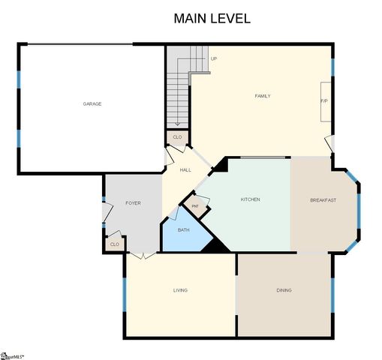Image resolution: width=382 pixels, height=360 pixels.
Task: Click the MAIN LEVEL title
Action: (212, 18)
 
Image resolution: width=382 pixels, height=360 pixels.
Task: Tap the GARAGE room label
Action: (92, 103)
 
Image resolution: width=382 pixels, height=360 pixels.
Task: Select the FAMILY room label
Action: (263, 96)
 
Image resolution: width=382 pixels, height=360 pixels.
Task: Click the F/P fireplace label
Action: (324, 100)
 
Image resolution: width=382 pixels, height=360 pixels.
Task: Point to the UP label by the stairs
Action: (214, 58)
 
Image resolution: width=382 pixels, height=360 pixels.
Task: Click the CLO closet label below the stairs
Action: (177, 137)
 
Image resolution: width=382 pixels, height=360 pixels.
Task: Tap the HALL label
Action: (185, 170)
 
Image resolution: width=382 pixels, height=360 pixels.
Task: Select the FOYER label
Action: (133, 203)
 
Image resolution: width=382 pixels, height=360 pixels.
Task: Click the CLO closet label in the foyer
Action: (114, 244)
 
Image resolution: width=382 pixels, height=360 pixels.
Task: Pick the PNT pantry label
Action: (196, 205)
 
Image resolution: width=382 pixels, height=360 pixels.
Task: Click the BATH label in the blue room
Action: (183, 229)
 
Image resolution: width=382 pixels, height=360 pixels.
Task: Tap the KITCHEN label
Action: (250, 199)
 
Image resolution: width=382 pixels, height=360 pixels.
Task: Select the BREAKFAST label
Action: (323, 200)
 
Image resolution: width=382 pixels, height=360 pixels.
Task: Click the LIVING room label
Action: (180, 290)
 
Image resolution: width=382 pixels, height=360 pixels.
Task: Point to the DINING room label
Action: (284, 290)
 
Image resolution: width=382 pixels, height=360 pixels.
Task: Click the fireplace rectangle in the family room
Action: (326, 101)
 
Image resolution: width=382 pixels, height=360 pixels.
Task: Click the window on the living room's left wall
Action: (125, 293)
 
